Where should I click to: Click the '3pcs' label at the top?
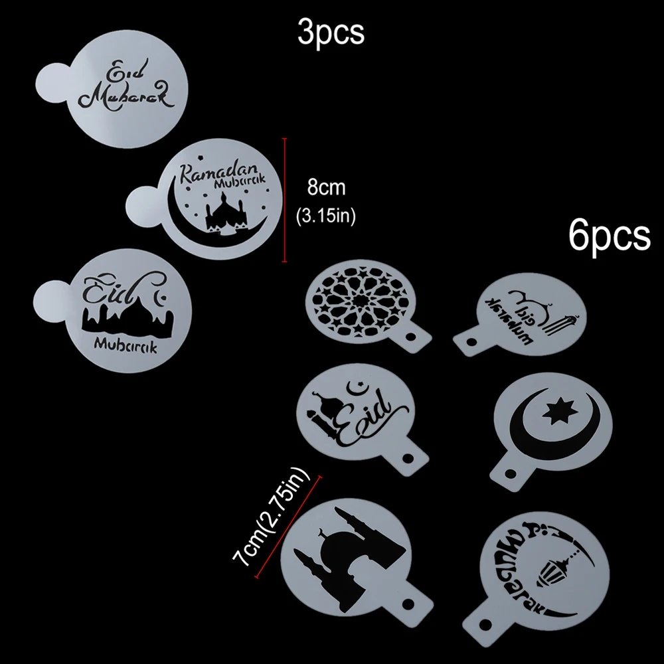click(x=331, y=32)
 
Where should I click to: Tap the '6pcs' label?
click(x=609, y=235)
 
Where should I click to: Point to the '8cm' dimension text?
click(x=325, y=188)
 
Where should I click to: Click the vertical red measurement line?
click(x=284, y=199)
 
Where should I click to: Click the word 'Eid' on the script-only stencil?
click(x=124, y=70)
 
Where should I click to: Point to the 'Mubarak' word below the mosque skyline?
click(x=126, y=345)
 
